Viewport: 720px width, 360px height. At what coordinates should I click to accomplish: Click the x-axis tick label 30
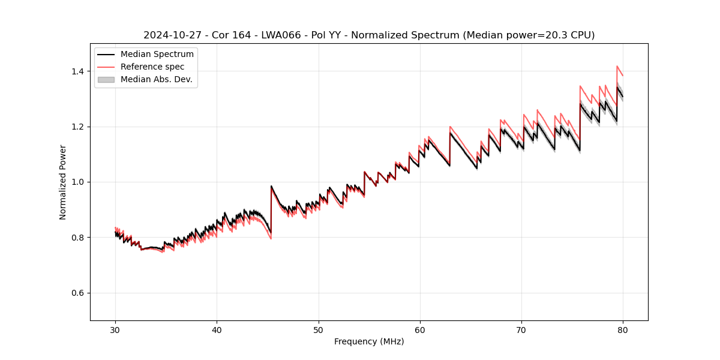(115, 330)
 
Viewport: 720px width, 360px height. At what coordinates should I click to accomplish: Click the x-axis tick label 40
(217, 330)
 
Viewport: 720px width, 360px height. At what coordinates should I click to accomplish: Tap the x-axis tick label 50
(319, 330)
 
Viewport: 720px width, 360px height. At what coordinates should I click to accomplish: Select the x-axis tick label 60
(420, 330)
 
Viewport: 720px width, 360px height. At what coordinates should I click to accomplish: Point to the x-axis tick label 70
(521, 330)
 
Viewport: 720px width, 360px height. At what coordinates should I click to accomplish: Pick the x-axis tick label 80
(623, 330)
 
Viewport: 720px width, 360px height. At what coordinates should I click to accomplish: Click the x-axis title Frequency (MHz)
(369, 341)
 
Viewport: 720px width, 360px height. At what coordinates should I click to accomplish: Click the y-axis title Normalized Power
(63, 182)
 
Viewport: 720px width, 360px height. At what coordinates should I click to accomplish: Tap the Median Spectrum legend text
(157, 55)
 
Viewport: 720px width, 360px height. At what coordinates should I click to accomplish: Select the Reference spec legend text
(152, 67)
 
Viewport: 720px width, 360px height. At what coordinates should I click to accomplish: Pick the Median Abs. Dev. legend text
(157, 79)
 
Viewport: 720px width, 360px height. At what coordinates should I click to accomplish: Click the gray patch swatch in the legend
(106, 79)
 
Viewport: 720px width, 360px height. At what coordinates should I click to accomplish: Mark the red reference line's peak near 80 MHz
(617, 66)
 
